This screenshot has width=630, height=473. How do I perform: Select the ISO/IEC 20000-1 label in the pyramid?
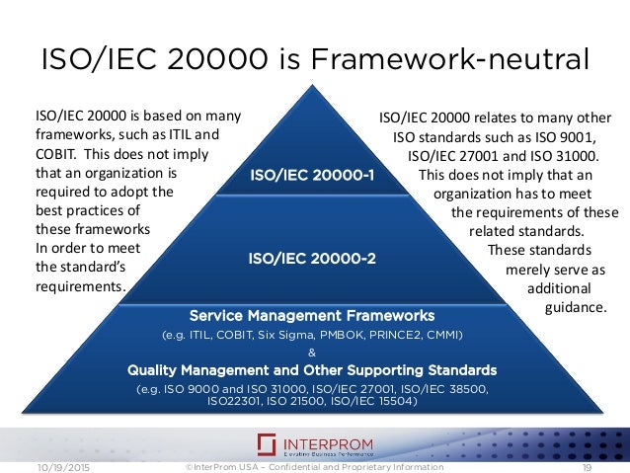311,177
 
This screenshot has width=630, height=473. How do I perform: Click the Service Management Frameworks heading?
311,316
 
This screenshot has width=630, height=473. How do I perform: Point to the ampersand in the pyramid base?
312,353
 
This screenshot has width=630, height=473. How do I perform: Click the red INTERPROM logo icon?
267,443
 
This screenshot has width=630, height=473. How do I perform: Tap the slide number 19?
587,465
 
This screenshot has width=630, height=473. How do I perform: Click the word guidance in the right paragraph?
575,307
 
